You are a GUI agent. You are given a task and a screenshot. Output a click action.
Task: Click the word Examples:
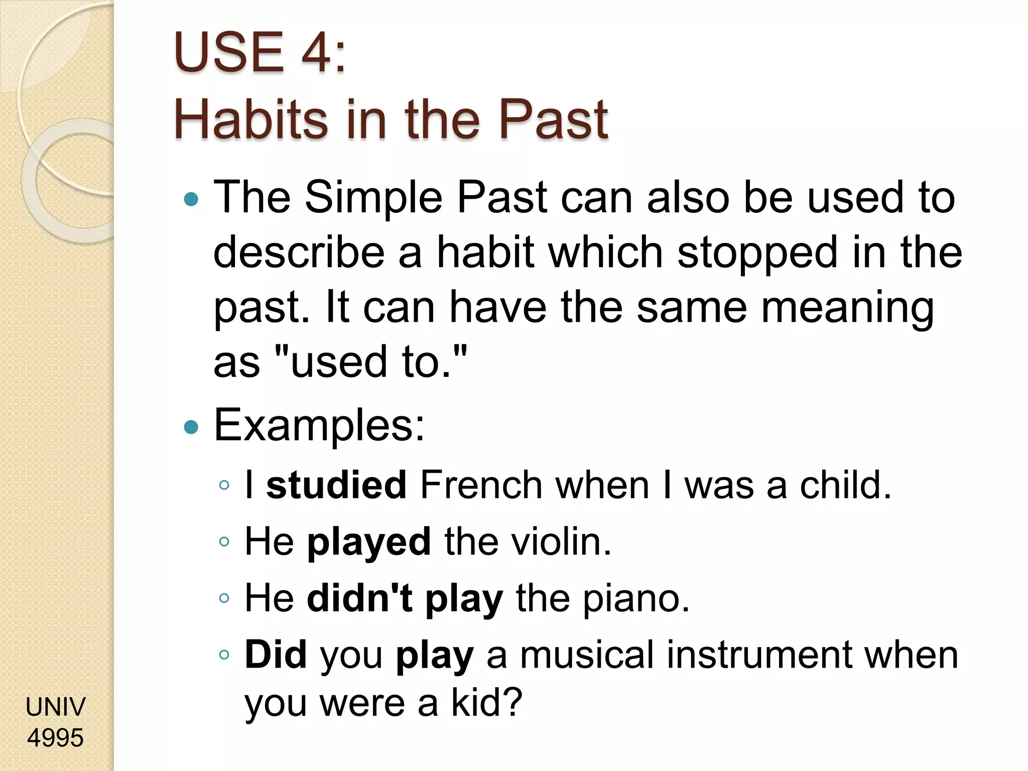coord(319,426)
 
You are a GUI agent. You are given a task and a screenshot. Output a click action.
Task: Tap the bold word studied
coord(336,485)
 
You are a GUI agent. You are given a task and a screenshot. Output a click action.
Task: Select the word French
coord(481,485)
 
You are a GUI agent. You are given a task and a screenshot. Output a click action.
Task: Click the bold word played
coord(369,542)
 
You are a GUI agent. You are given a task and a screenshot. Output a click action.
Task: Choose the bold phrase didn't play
coord(405,599)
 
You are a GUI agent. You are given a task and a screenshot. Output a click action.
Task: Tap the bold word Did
coord(276,655)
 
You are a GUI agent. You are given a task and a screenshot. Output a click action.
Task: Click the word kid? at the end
coord(486,703)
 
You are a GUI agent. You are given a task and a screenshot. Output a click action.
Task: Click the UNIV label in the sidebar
coord(55,707)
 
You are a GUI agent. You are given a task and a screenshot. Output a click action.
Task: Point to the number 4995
coord(55,738)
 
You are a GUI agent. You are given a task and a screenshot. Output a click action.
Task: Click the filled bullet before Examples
coord(191,427)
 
